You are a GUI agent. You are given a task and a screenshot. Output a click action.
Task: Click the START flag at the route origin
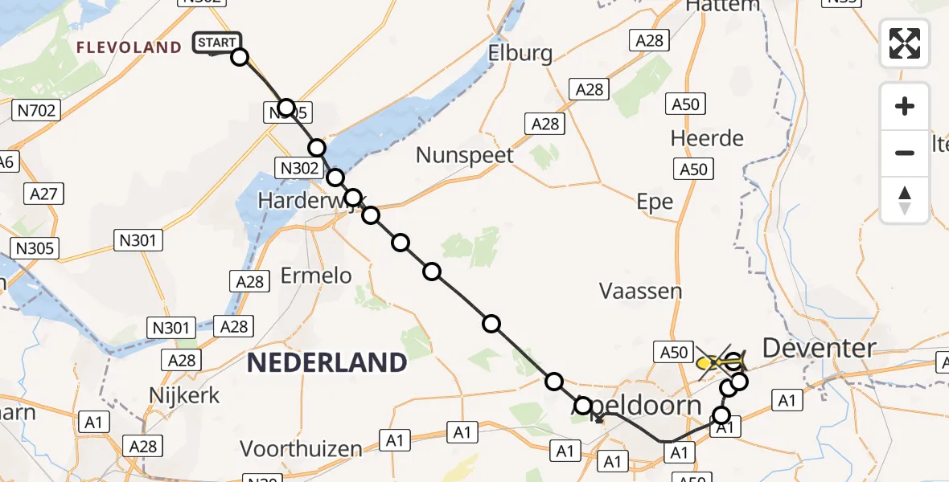pyautogui.click(x=216, y=43)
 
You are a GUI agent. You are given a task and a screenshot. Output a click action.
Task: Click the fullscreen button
pyautogui.click(x=905, y=43)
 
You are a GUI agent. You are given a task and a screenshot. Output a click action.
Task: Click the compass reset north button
pyautogui.click(x=905, y=200)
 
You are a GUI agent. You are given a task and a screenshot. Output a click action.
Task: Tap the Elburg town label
pyautogui.click(x=520, y=54)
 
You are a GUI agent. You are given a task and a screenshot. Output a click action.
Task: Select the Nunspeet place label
pyautogui.click(x=464, y=154)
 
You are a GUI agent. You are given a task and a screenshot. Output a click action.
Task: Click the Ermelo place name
pyautogui.click(x=316, y=276)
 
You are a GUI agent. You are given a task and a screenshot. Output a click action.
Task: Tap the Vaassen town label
pyautogui.click(x=640, y=291)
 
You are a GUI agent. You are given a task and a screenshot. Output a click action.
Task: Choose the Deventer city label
pyautogui.click(x=819, y=348)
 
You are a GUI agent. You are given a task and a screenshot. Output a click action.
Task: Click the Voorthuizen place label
pyautogui.click(x=301, y=448)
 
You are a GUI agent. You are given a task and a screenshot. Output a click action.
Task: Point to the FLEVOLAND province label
pyautogui.click(x=129, y=47)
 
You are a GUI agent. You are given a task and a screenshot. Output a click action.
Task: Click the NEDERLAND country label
pyautogui.click(x=327, y=362)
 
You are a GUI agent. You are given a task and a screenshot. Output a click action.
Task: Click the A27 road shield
pyautogui.click(x=46, y=193)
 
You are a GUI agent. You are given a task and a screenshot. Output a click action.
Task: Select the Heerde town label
pyautogui.click(x=707, y=138)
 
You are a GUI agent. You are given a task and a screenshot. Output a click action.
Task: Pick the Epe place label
pyautogui.click(x=655, y=202)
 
